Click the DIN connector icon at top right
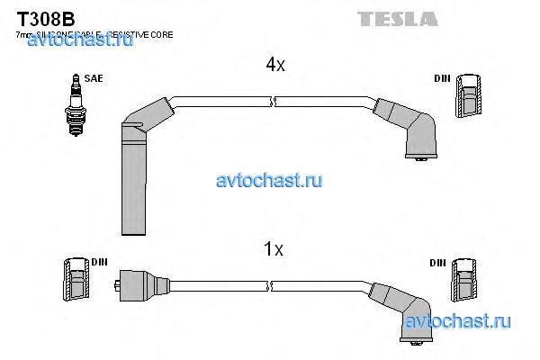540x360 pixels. (469, 97)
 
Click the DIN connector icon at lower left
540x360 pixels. (76, 279)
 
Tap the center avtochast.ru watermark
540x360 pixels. (269, 181)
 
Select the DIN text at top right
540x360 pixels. (441, 79)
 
